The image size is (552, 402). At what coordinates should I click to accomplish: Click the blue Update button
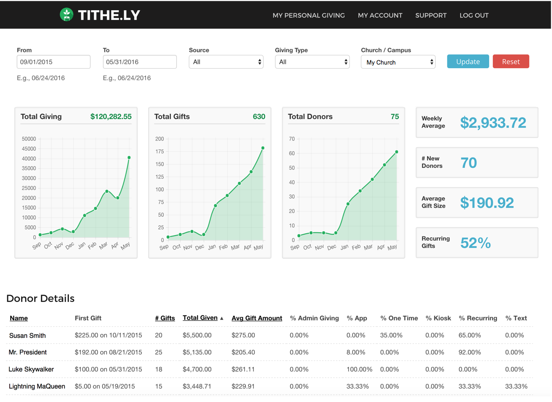468,61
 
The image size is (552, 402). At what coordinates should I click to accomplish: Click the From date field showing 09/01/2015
54,62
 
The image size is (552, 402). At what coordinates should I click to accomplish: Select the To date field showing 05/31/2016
139,62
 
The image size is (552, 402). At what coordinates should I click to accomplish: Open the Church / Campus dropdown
398,62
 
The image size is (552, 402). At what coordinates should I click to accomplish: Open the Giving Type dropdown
312,62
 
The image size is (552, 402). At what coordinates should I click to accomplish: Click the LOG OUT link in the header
474,15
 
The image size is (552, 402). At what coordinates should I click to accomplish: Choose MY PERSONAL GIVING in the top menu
308,15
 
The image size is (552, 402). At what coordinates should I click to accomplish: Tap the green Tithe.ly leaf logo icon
67,15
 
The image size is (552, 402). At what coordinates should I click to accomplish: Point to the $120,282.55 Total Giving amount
111,117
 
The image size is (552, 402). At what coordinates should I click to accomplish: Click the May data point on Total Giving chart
129,158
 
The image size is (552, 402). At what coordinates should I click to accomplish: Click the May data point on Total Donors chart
396,152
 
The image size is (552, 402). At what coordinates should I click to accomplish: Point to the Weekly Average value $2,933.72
493,123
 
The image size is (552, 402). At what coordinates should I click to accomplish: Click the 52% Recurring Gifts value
475,243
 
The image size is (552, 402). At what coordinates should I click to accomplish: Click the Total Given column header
200,318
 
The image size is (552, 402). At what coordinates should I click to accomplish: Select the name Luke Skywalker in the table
31,369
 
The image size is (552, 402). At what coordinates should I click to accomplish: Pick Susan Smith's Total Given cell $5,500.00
197,336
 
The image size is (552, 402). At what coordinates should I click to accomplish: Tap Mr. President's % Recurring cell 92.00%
470,352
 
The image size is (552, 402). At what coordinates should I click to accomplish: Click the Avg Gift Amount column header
257,318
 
